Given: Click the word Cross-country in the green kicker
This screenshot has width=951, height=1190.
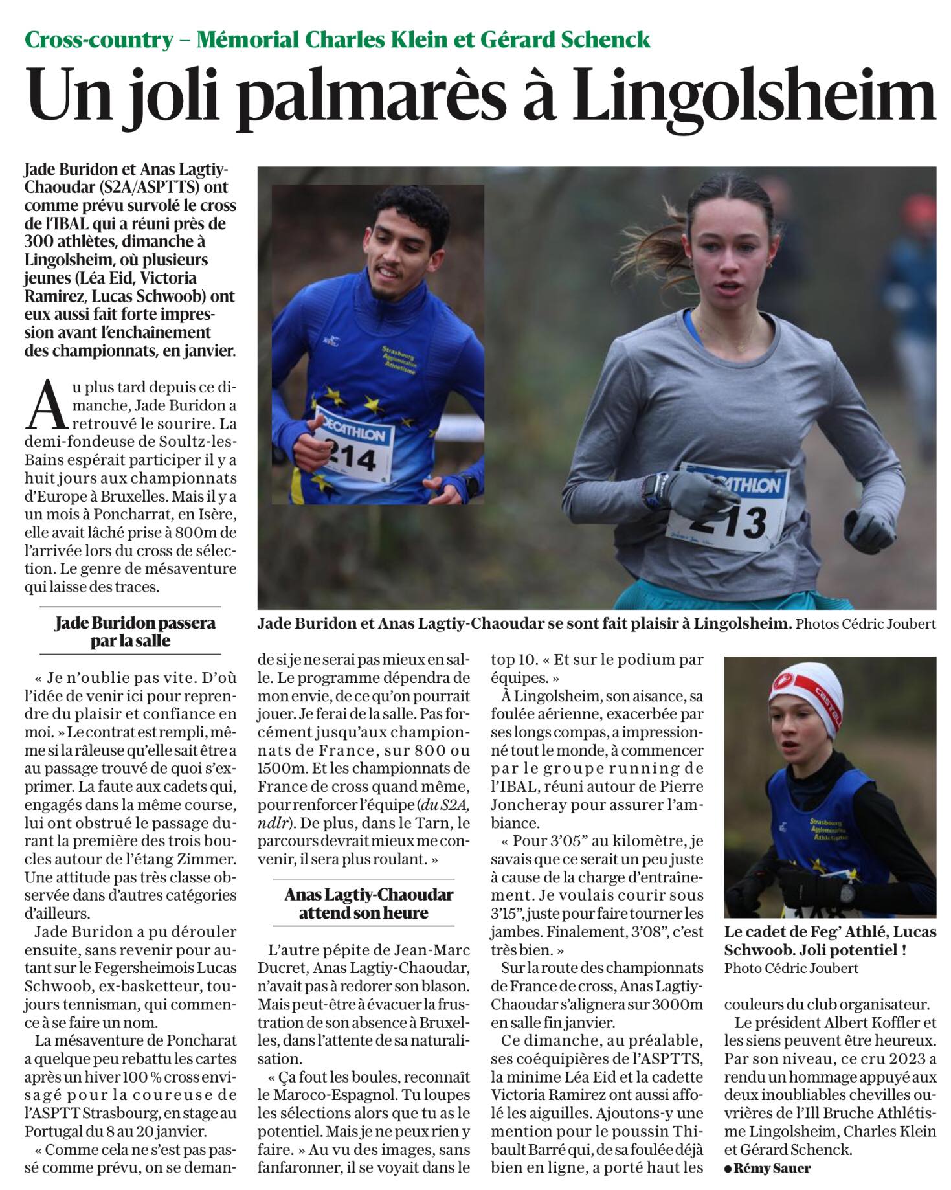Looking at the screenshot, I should coord(99,40).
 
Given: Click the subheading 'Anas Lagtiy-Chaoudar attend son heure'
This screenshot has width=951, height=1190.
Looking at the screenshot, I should coord(369,903).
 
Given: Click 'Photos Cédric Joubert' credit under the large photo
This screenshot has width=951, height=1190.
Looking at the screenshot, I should coord(866,624).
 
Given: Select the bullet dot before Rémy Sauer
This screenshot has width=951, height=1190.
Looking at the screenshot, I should coord(728,1169).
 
